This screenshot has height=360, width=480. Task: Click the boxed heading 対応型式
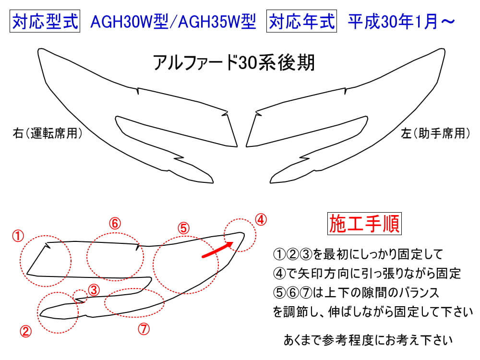(x=45, y=21)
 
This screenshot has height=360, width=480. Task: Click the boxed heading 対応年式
(x=301, y=21)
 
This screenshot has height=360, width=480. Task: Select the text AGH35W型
(x=217, y=22)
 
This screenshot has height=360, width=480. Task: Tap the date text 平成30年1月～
(x=401, y=22)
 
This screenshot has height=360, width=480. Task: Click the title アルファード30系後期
(x=234, y=63)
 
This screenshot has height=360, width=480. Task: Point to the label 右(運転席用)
(x=48, y=133)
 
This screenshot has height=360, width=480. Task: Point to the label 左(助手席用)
(x=435, y=133)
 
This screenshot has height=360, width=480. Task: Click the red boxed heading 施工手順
(x=364, y=224)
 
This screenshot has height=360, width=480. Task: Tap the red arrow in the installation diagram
(x=217, y=249)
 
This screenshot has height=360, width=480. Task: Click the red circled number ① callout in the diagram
(x=18, y=236)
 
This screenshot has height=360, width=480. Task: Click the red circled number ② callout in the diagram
(x=26, y=331)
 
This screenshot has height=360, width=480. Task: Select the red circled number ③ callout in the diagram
(x=94, y=290)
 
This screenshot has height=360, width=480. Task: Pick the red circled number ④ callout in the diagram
(x=261, y=220)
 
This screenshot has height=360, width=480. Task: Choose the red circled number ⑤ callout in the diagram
(x=184, y=228)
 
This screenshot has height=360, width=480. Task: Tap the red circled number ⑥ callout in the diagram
(x=115, y=224)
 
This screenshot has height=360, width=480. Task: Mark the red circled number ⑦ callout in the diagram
(x=144, y=329)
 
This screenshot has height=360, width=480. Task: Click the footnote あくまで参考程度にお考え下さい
(x=368, y=340)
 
